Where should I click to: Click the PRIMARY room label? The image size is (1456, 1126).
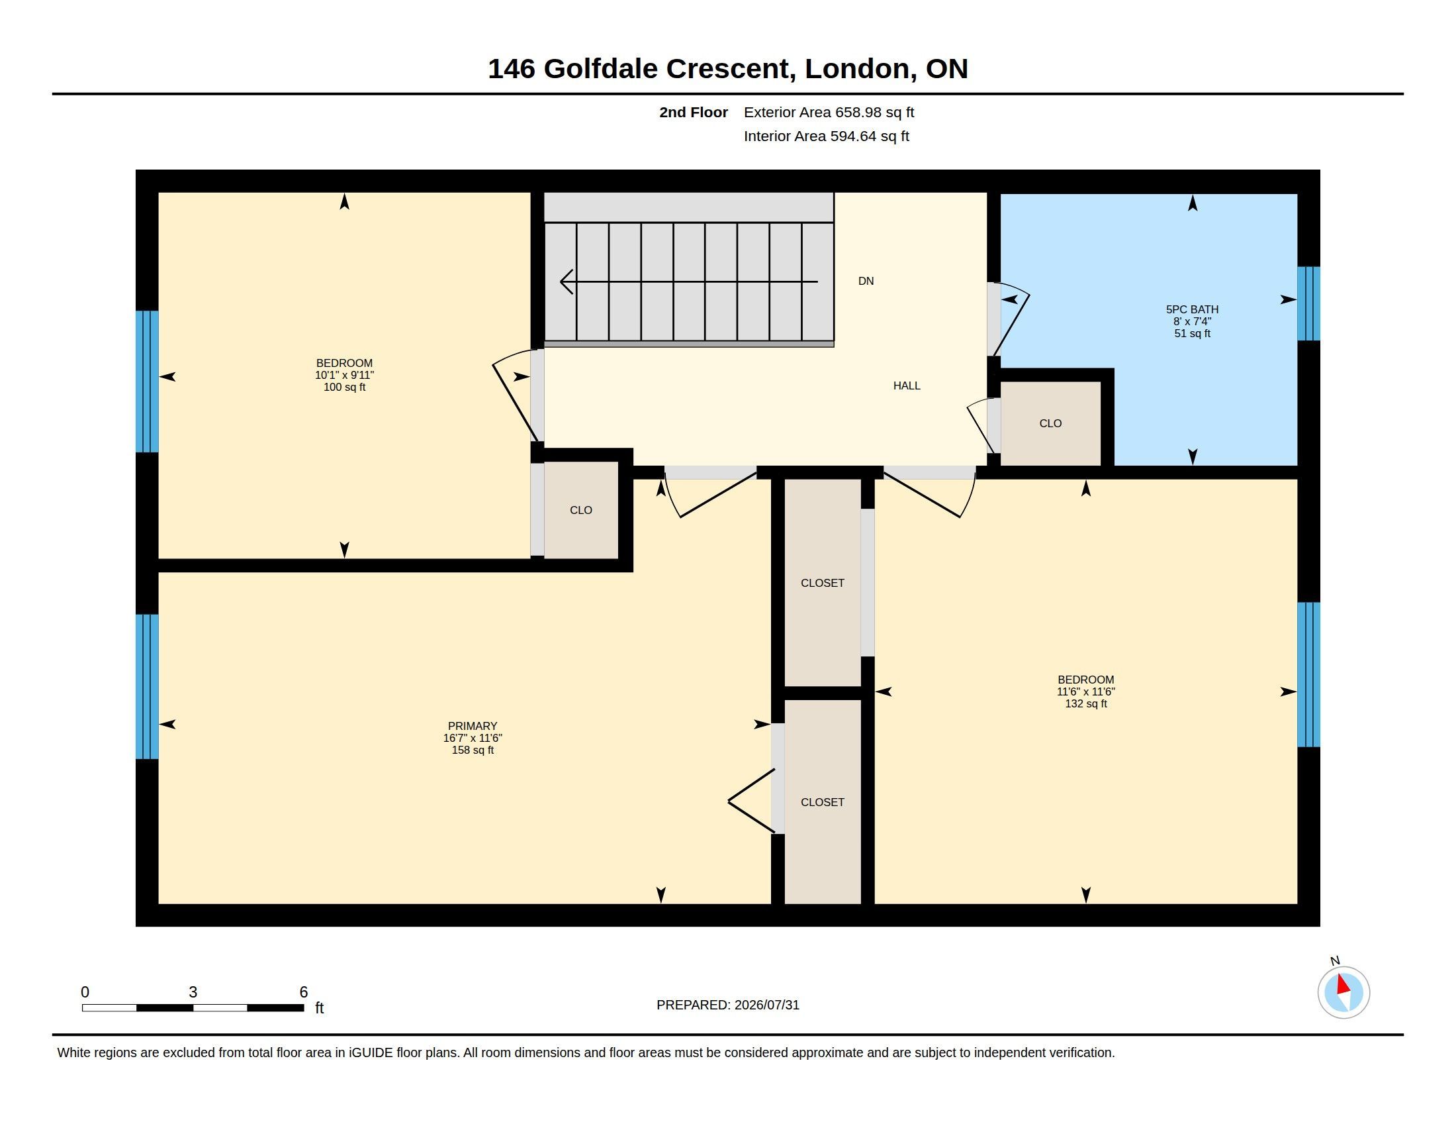(472, 726)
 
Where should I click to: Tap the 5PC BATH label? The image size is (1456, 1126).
(1192, 309)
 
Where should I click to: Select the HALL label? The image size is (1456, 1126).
(907, 385)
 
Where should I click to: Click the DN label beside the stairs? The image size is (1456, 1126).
(866, 281)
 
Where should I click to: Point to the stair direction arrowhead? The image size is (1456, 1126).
(566, 281)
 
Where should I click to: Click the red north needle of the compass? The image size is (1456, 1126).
(1343, 984)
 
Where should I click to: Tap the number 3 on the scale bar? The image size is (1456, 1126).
(193, 992)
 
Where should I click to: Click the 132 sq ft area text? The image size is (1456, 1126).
(1085, 703)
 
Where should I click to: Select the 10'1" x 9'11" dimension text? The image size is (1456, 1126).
(344, 376)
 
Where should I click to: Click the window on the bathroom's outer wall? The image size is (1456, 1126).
(1308, 303)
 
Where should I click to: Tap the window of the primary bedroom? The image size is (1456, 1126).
(147, 686)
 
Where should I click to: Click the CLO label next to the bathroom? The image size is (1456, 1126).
(1050, 424)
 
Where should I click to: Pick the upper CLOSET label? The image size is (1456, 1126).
(822, 583)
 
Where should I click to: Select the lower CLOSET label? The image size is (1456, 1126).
(822, 803)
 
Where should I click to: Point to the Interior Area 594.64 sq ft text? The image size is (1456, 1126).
(826, 136)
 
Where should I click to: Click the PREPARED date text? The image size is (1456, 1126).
(727, 1005)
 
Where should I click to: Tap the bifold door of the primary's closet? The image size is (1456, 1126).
(752, 801)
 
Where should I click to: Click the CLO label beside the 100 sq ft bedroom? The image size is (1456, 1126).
(580, 510)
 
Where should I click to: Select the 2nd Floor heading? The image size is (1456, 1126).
(694, 112)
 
